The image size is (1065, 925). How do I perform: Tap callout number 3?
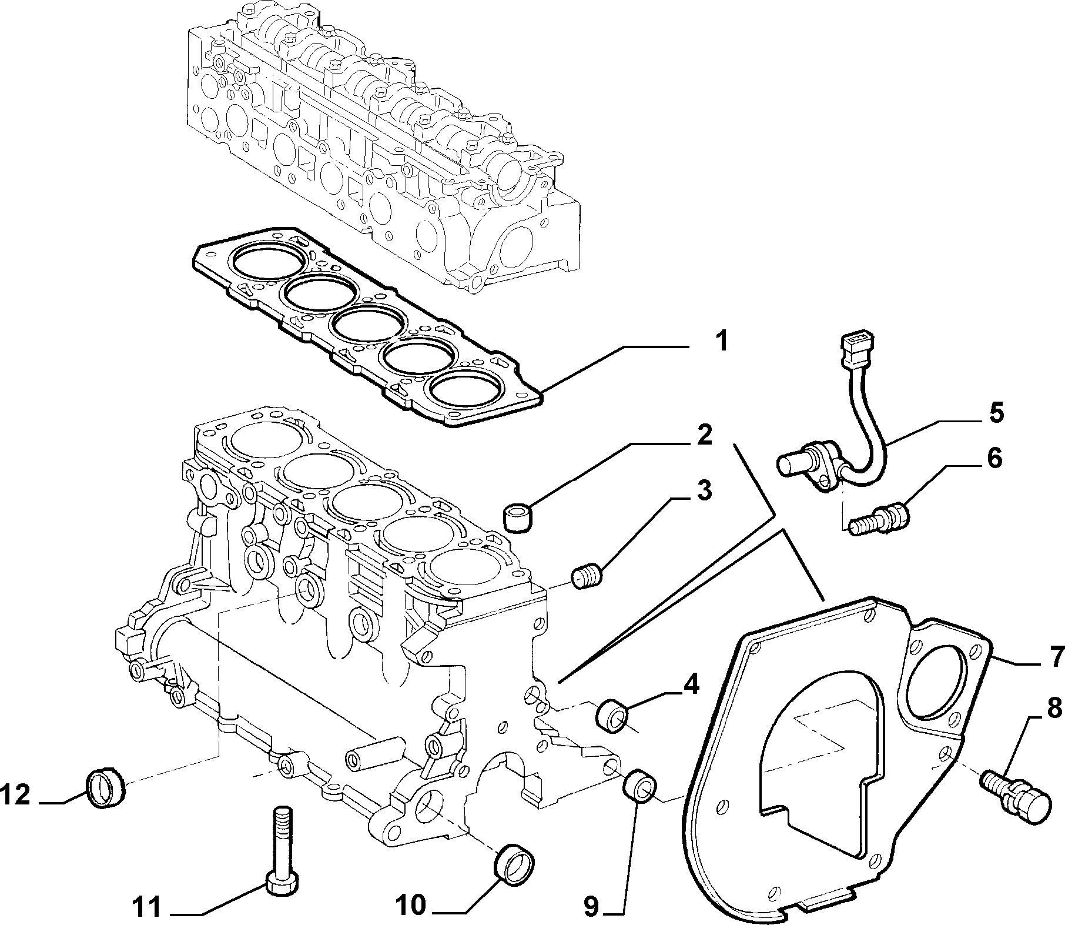(x=702, y=490)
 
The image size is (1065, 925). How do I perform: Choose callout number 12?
(x=15, y=796)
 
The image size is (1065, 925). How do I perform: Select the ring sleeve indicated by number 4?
(x=613, y=714)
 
